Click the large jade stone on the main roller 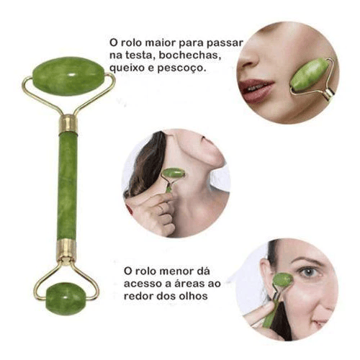point(68,76)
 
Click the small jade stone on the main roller point(66,299)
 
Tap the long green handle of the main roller point(68,186)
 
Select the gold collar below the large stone point(68,124)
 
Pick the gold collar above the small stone point(66,249)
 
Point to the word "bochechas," point(189,55)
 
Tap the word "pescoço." point(182,68)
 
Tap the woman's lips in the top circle point(255,90)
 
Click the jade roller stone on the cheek point(309,75)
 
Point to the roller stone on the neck point(174,173)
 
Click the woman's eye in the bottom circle point(309,272)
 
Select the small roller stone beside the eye point(283,280)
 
